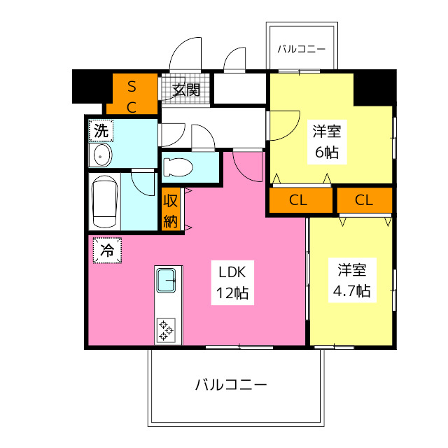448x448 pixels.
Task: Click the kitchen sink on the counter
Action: (169, 280)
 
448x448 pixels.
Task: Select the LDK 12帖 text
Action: (230, 282)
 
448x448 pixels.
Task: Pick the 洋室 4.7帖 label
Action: (352, 280)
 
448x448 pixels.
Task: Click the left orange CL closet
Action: (299, 200)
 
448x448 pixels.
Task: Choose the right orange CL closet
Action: (364, 200)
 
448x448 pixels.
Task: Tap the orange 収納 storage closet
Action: (171, 210)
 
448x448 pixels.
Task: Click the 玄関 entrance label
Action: (187, 90)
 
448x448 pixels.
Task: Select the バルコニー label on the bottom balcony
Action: (230, 384)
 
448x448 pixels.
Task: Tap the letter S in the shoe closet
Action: (132, 86)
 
